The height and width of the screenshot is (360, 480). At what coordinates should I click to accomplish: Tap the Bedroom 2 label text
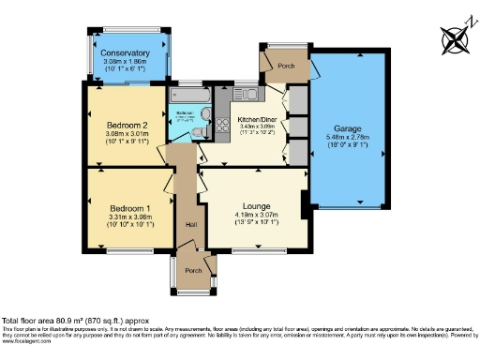127,125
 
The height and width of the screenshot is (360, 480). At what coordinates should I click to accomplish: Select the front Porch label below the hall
194,270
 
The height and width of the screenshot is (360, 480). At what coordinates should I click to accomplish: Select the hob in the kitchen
222,125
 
